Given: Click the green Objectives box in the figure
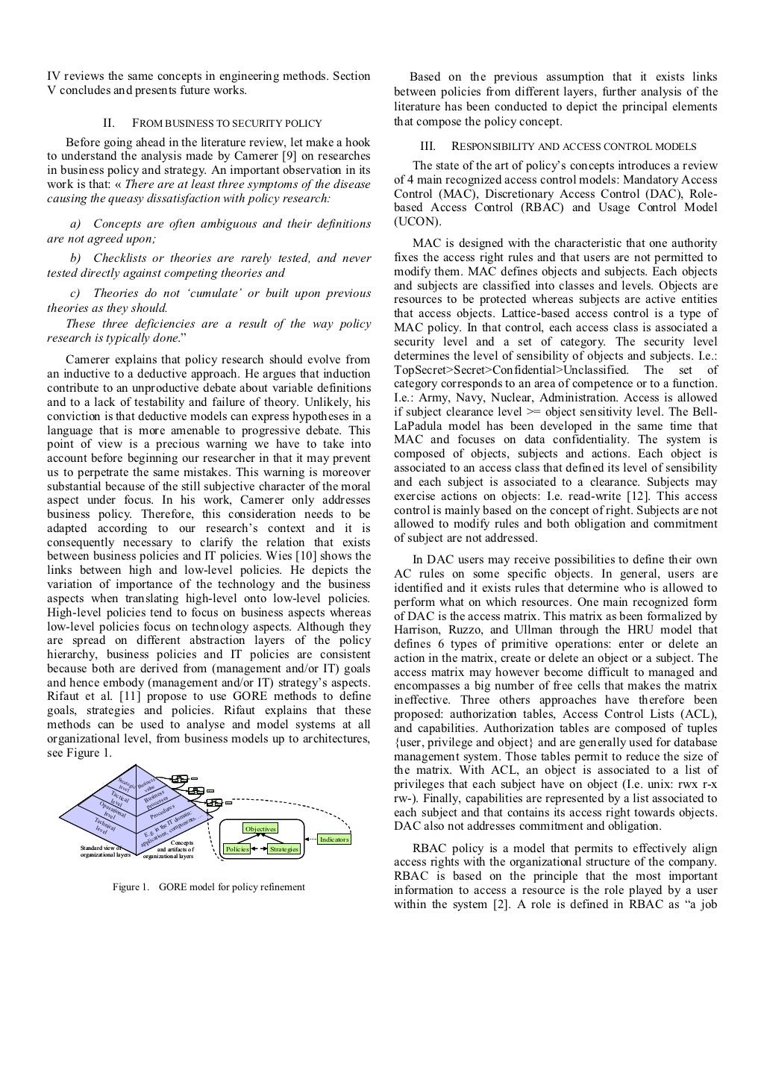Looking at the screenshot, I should [x=260, y=829].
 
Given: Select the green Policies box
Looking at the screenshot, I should [x=237, y=849].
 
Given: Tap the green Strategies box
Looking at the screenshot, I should [x=284, y=849].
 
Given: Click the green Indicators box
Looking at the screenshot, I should [x=334, y=839].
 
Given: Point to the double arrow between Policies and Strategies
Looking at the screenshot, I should [x=260, y=849].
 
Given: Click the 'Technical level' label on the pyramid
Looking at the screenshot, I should [x=104, y=825].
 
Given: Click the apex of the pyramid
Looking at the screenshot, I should [x=135, y=766].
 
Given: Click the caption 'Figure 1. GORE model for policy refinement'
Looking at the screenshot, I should [x=208, y=887].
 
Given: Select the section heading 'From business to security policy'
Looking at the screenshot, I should [x=226, y=123].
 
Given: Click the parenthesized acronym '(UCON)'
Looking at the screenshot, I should [x=417, y=222].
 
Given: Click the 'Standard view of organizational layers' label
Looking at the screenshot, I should [x=105, y=852].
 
